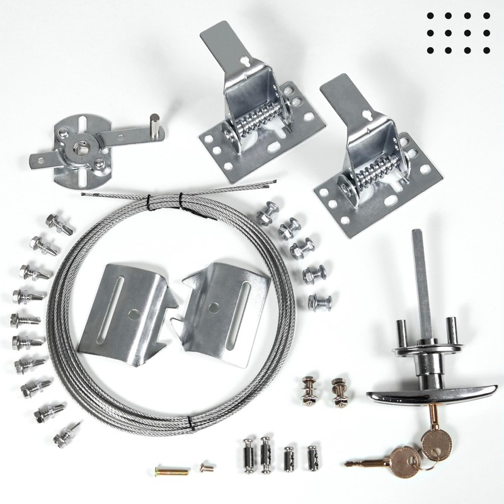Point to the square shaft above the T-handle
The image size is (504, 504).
point(420,271)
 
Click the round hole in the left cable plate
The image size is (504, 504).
point(133,312)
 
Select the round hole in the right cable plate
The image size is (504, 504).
point(215,307)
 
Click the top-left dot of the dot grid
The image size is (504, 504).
point(431,17)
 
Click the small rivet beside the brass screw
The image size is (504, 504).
point(204,467)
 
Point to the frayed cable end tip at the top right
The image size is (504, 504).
point(275,183)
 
